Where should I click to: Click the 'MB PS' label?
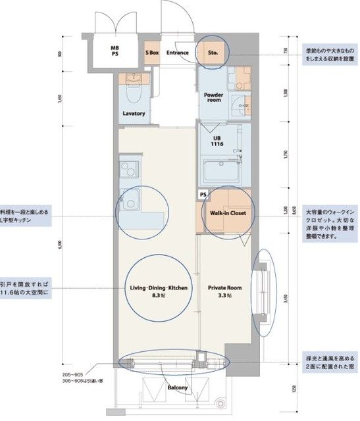(x=115, y=51)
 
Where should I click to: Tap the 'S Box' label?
(x=152, y=52)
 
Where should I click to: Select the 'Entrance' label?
(x=177, y=52)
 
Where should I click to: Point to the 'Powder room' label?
(x=214, y=97)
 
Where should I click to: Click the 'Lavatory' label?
(x=133, y=113)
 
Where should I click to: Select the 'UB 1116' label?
(x=217, y=141)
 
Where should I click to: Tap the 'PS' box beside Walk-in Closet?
(x=203, y=195)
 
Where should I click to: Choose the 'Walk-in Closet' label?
(x=227, y=213)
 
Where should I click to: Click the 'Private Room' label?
(x=224, y=287)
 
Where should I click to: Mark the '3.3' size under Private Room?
(x=224, y=297)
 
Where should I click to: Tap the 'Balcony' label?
(x=176, y=387)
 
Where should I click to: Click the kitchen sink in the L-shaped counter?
(x=130, y=170)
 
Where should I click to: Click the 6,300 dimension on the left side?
(x=60, y=245)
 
